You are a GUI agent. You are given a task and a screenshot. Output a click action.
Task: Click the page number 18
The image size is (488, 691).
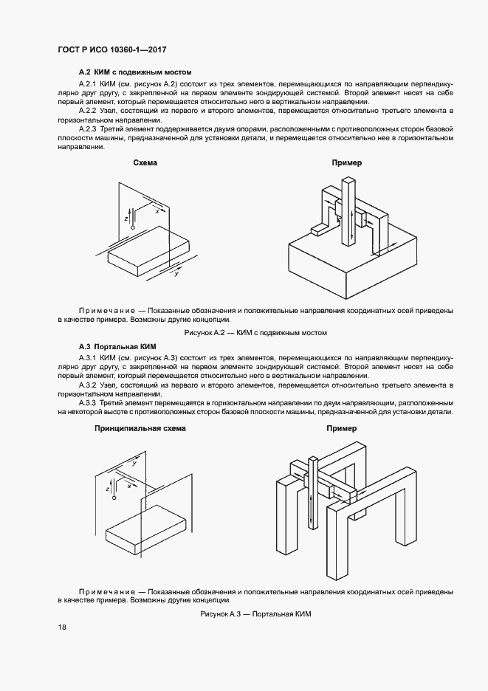62,627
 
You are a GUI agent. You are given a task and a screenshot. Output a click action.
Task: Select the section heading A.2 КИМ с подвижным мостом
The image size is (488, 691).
135,72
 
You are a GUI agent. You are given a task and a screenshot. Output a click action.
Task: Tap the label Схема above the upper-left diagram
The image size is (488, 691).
145,162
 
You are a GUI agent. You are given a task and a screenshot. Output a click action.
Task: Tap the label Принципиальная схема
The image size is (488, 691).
140,428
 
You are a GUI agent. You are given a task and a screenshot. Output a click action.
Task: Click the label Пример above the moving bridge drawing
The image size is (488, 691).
346,162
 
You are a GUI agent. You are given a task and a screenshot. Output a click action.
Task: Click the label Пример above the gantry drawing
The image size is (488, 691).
341,428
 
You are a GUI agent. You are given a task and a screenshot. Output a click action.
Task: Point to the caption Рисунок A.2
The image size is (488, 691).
255,333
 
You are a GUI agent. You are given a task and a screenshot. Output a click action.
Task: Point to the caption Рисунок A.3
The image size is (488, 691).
252,614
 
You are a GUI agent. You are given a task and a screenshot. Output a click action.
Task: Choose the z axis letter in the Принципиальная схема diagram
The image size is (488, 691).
109,489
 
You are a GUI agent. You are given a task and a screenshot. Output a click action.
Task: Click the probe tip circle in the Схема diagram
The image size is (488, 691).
133,229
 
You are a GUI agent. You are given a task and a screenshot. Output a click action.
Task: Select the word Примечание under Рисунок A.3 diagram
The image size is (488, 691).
106,592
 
